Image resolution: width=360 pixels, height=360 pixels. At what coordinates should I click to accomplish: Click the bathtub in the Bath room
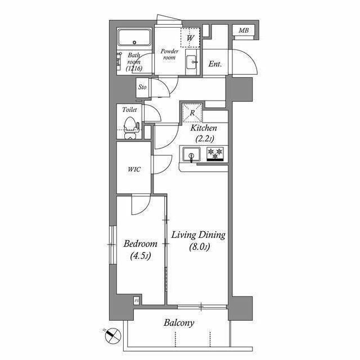[134, 38]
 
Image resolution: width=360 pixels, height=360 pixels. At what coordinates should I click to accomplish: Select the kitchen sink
[191, 154]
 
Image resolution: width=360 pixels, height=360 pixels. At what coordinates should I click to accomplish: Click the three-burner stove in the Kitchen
[215, 154]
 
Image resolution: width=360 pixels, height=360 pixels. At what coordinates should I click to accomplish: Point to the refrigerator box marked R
[192, 112]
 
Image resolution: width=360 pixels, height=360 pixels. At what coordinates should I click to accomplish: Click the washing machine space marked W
[190, 38]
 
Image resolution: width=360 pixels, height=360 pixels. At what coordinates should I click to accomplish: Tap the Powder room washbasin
[191, 62]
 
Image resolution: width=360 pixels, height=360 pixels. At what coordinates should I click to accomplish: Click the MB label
[244, 30]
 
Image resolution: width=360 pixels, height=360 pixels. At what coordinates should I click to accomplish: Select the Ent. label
[215, 64]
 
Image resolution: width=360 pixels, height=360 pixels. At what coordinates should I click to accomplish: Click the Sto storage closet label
[142, 87]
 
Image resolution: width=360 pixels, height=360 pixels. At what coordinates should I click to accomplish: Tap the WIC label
[134, 169]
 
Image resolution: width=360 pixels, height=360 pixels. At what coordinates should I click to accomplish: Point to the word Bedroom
[140, 244]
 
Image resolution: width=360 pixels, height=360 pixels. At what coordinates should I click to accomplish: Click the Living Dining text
[199, 235]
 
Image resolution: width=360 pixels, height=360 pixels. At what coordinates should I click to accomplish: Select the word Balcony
[179, 323]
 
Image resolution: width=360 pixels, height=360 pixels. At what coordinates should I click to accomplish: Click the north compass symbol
[112, 335]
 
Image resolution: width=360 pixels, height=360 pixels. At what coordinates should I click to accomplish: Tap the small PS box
[137, 300]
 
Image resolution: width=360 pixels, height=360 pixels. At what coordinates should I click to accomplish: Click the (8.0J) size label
[200, 247]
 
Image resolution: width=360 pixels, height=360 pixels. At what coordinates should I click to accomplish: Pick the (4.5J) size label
[141, 256]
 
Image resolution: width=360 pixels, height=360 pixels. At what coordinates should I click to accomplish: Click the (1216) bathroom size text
[134, 68]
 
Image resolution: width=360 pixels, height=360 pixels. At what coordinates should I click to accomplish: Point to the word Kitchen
[204, 128]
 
